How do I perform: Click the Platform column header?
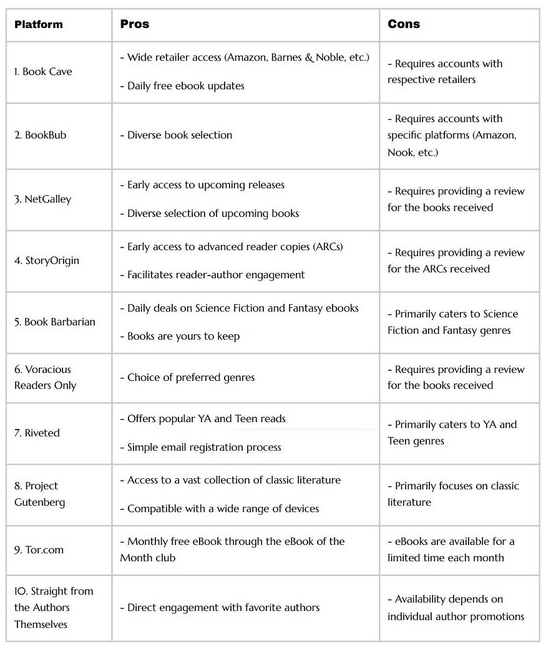pos(39,25)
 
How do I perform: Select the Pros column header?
pos(134,24)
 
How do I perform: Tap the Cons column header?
pos(404,24)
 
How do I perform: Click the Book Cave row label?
pos(43,72)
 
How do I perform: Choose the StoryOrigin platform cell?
pos(47,261)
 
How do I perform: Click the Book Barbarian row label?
pos(55,322)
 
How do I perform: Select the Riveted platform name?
pos(37,433)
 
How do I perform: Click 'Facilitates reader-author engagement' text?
pos(212,275)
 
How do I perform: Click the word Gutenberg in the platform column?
pos(40,502)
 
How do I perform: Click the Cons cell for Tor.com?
pos(451,549)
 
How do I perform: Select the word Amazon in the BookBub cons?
pos(495,135)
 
